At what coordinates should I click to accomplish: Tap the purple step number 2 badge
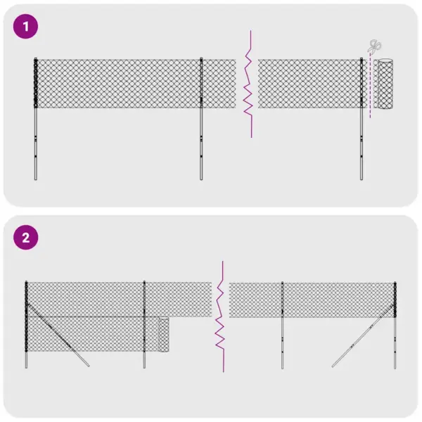27,238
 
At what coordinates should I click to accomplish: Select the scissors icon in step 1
374,47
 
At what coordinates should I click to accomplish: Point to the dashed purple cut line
370,91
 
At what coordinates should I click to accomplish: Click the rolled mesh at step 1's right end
384,84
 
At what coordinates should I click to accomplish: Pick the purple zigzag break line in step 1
248,84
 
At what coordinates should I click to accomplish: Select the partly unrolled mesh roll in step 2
164,335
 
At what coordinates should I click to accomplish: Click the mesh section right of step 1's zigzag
309,84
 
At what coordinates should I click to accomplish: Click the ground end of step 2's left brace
87,365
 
